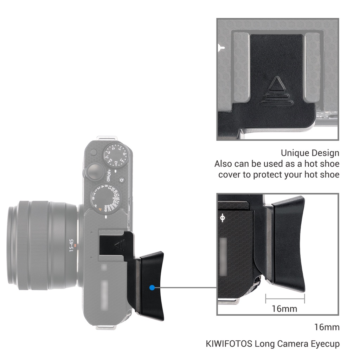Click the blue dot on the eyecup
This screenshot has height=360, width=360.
[x=152, y=288]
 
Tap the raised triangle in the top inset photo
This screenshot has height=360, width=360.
[x=276, y=85]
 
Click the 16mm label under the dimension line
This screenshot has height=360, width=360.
[x=284, y=309]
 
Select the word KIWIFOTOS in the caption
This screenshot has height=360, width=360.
[x=229, y=343]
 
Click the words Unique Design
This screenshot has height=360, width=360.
[x=310, y=153]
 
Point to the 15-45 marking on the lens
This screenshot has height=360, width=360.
[x=71, y=245]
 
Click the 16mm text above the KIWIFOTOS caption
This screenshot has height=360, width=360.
[x=327, y=327]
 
